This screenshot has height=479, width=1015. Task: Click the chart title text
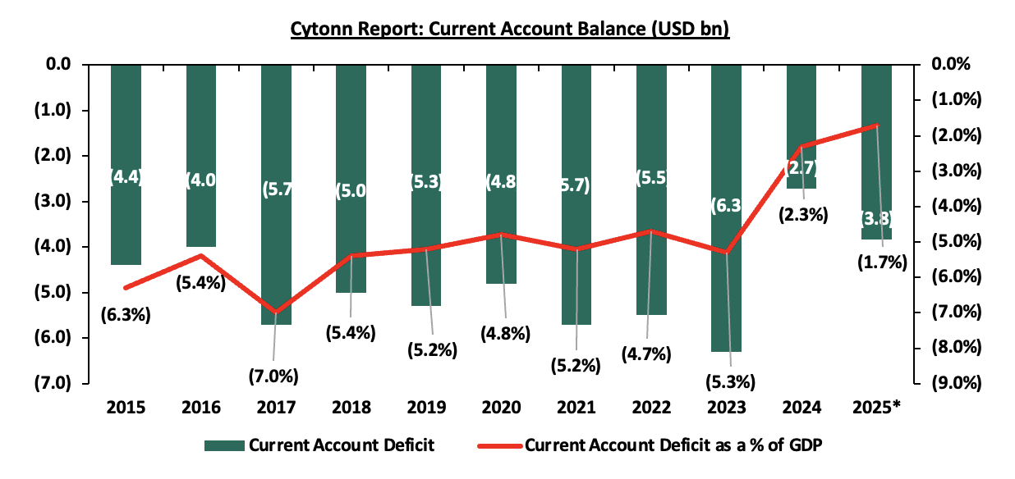pos(510,30)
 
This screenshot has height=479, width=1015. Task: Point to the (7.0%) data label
pos(274,376)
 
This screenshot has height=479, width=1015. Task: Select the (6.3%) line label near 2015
pos(126,314)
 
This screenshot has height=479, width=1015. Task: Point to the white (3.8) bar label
pos(876,219)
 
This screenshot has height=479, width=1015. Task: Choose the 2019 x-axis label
pos(426,408)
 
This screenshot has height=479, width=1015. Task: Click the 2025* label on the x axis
pos(878,408)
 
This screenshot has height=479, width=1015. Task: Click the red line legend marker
pos(500,446)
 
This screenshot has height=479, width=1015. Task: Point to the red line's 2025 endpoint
pos(877,125)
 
